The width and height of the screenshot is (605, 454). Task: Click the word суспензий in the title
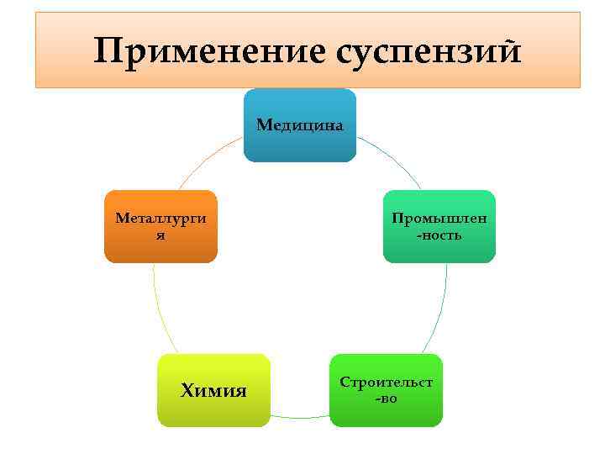[x=428, y=52]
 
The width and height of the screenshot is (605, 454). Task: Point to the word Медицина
[x=300, y=125]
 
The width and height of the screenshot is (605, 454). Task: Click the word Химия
[x=213, y=391]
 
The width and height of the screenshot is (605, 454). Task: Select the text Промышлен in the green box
[x=439, y=219]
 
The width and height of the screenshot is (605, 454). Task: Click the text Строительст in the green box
[x=386, y=383]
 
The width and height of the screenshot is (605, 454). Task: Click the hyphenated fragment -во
[x=386, y=399]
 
